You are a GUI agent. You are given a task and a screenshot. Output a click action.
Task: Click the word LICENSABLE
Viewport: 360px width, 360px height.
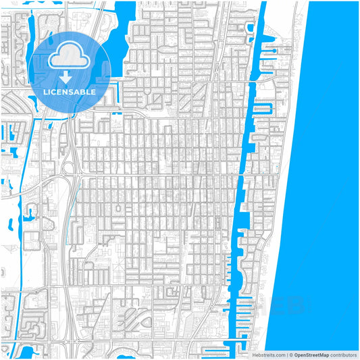click(70, 91)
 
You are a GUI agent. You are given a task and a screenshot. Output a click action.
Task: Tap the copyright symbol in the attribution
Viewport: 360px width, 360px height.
click(290, 354)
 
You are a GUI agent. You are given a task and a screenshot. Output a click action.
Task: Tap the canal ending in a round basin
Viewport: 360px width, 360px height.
click(270, 50)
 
